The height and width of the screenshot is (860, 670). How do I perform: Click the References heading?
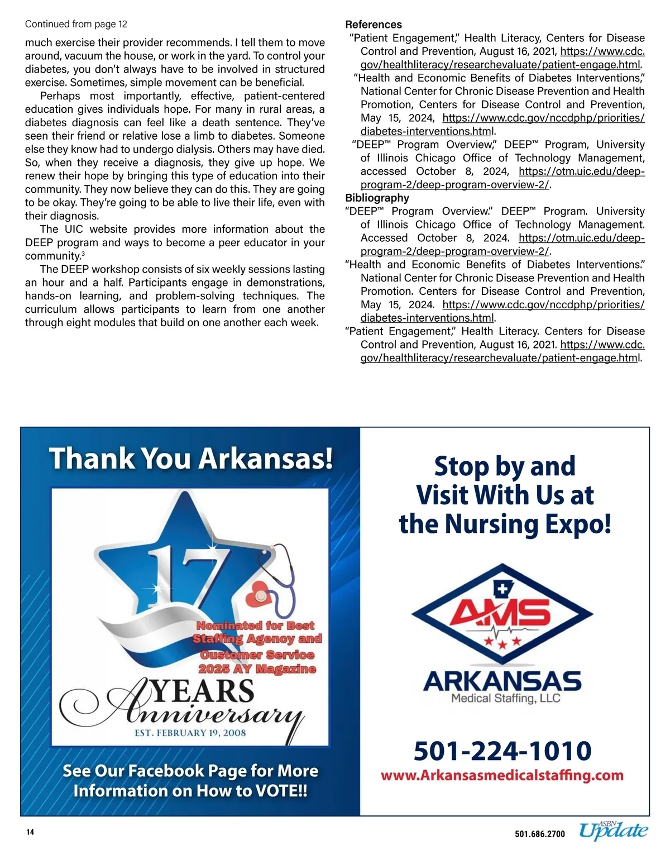point(373,25)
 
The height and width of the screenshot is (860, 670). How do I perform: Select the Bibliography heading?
point(377,198)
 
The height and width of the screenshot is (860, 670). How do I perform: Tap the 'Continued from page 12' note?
point(76,24)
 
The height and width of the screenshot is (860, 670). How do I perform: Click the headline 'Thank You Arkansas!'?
point(191,458)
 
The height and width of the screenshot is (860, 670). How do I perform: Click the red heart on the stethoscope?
point(259,596)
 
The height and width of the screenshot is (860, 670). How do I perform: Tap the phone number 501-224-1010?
point(502,751)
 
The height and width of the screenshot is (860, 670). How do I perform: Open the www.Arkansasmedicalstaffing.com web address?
point(502,775)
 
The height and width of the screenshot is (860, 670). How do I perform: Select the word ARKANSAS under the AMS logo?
point(502,681)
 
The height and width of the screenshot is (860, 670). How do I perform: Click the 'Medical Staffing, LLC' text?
point(505,698)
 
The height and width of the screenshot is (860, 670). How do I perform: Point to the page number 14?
point(30,832)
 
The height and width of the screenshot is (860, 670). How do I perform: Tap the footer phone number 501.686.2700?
point(539,834)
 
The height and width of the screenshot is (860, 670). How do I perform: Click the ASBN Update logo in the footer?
point(613,830)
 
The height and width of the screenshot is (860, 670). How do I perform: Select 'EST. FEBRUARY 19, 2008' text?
point(190,733)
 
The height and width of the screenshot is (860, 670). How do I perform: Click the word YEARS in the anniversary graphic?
point(203,691)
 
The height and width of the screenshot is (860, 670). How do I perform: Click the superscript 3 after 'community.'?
point(83,254)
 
